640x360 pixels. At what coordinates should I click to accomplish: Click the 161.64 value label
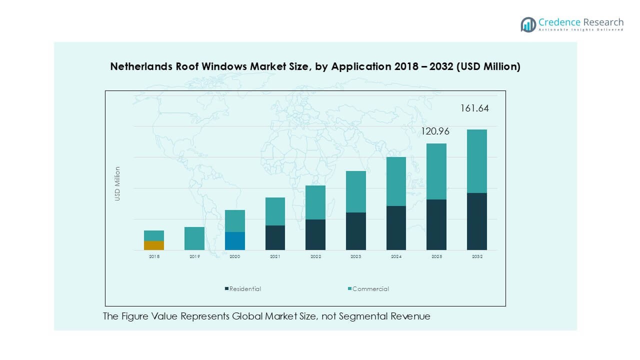(474, 108)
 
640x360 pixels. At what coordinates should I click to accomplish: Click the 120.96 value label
(434, 132)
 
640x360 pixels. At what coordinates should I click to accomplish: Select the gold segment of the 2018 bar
(154, 245)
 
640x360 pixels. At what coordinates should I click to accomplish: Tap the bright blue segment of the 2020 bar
(234, 241)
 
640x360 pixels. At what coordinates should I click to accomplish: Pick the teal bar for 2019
(194, 238)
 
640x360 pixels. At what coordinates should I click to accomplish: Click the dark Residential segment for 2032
(476, 221)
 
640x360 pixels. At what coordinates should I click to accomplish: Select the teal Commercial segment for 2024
(396, 181)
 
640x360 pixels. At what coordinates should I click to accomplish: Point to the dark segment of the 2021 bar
(275, 237)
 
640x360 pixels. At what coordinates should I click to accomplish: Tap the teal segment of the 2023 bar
(355, 192)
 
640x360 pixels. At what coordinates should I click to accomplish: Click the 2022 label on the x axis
(315, 256)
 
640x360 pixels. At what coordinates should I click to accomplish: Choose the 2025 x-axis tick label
(436, 256)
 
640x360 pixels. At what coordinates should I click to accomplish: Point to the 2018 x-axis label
(154, 256)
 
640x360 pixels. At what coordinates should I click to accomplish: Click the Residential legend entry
(245, 289)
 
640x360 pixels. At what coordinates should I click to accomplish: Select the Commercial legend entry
(370, 289)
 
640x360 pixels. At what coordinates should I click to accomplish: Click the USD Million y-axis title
(117, 184)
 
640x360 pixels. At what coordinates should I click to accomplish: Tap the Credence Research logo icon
(528, 24)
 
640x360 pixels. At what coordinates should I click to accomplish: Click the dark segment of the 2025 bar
(436, 224)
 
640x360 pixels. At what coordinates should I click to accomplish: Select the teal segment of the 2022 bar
(315, 202)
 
